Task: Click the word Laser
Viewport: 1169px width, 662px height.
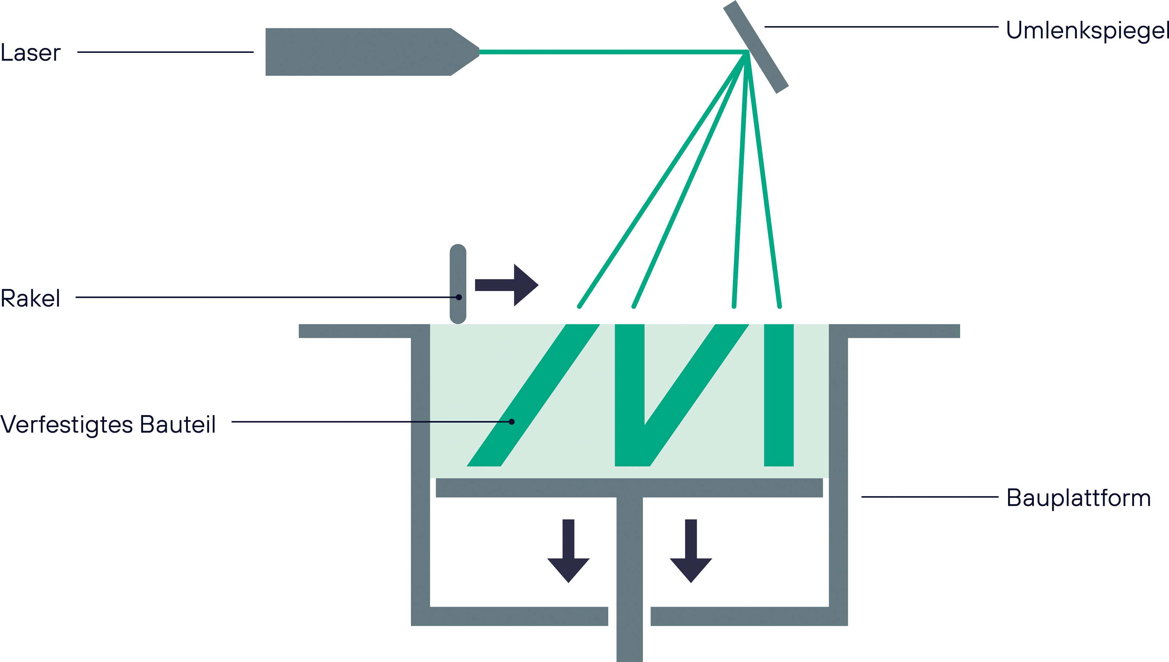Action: (31, 53)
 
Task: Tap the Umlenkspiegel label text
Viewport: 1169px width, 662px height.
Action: (1087, 31)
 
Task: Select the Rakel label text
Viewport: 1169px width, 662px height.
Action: (30, 299)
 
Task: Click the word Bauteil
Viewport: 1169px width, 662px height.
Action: (178, 425)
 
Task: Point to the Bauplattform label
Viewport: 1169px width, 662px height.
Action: (1078, 498)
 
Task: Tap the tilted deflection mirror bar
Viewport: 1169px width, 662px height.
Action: (755, 47)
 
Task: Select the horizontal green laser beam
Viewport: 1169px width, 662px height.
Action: (609, 52)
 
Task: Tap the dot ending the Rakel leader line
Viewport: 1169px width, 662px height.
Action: (459, 297)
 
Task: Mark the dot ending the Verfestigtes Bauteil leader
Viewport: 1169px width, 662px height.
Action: (512, 422)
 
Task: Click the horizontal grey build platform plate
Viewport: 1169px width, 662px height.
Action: (629, 488)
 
